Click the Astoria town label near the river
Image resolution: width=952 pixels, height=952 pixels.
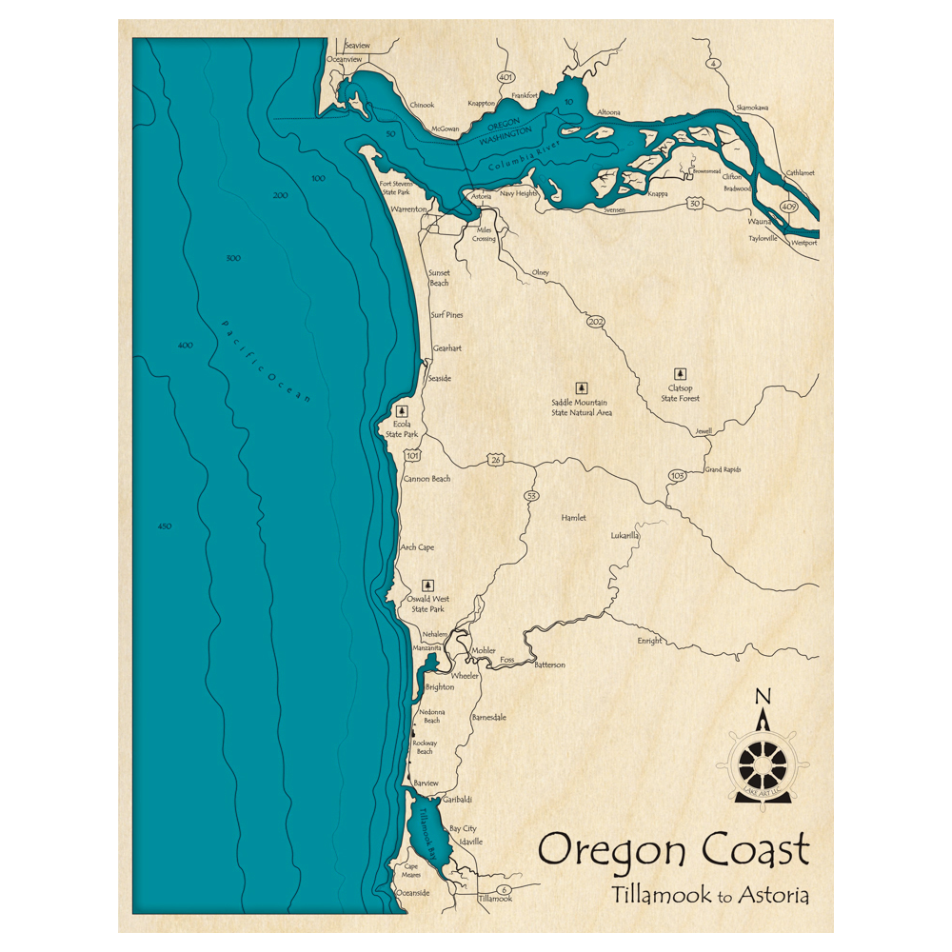482,196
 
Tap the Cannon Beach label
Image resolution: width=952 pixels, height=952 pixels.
426,479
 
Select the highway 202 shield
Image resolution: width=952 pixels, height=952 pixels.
597,324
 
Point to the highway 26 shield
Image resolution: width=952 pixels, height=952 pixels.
496,460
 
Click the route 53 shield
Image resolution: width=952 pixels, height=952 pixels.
531,496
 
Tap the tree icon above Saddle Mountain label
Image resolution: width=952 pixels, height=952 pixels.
582,387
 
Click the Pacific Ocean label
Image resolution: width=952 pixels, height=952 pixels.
266,362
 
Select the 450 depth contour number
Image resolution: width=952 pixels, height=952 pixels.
164,526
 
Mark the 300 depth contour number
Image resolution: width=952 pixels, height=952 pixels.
233,258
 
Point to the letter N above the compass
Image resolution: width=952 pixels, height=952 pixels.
762,696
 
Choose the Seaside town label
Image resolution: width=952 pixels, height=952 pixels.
439,378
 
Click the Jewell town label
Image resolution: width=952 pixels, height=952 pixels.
704,431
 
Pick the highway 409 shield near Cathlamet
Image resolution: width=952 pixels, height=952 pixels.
788,207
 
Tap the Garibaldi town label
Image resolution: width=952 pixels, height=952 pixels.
457,800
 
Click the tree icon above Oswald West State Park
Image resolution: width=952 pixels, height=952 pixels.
427,585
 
